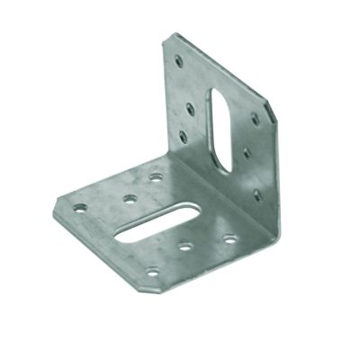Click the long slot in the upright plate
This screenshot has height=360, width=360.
219,126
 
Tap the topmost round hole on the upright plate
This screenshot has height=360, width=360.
179,62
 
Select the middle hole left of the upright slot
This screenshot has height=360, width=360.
190,109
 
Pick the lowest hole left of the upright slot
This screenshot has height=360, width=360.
184,137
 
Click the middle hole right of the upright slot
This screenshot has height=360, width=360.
247,152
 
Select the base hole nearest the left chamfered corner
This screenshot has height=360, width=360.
79,207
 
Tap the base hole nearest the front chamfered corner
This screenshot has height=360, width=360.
153,271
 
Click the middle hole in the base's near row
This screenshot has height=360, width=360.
185,245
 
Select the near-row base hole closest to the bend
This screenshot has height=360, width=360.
230,238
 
